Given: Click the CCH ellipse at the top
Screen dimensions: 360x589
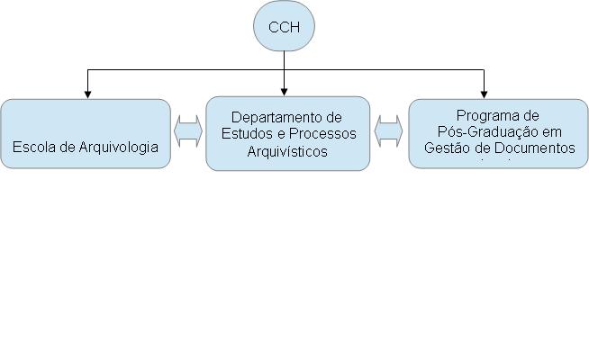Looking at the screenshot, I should pos(284,28).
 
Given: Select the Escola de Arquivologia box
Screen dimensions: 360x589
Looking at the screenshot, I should pos(86,133).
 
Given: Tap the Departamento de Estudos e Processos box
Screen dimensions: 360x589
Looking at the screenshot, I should pos(287,133).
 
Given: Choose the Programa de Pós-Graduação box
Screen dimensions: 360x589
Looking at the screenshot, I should pos(498,133).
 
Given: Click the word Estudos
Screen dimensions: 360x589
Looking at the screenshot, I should pos(249,133).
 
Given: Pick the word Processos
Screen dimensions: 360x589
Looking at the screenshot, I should pos(324,133).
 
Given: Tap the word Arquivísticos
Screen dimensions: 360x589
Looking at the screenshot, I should pos(287,150).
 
